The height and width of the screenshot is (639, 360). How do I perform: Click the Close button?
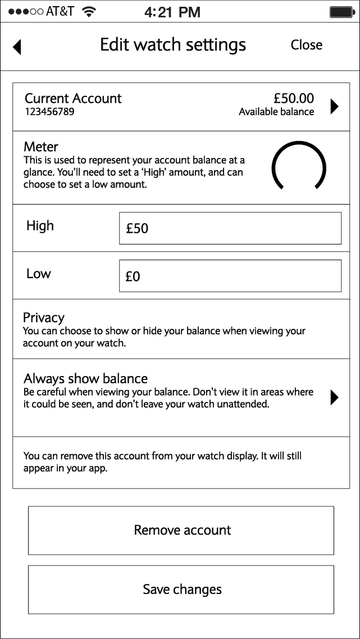(306, 45)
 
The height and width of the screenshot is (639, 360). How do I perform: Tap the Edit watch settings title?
(173, 45)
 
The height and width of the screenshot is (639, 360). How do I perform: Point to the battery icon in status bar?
(340, 12)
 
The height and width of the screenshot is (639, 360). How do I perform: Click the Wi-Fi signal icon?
(88, 12)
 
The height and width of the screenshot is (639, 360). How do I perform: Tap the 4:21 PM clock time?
(172, 12)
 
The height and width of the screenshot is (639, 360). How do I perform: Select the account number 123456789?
(49, 112)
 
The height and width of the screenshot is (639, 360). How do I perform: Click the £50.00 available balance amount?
(294, 98)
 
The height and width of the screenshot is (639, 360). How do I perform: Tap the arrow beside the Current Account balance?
(335, 106)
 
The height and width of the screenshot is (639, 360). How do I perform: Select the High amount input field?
(230, 228)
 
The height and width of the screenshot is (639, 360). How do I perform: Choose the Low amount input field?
(230, 276)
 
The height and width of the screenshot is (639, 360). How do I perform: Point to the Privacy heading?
(44, 318)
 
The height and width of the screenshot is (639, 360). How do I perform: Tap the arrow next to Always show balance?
(335, 397)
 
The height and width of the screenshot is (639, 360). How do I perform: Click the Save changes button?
(181, 590)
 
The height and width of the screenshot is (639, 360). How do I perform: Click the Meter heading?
(41, 147)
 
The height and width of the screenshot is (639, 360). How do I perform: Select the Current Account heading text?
(73, 98)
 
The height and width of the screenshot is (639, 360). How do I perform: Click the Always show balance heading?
(85, 378)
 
